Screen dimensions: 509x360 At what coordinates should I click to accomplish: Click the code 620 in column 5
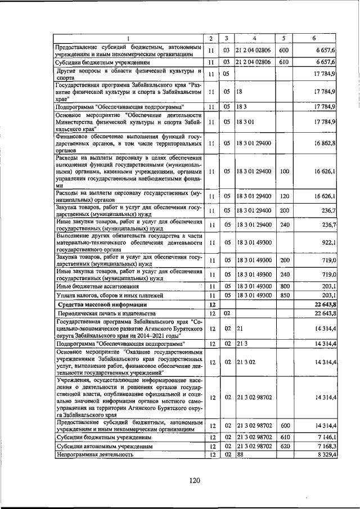[x=284, y=446]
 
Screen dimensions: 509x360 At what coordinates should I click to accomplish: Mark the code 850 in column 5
[x=284, y=295]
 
